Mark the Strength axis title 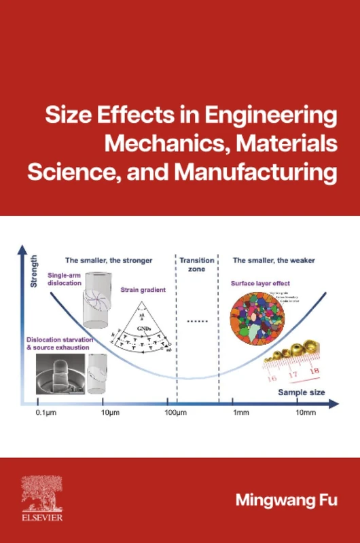point(33,271)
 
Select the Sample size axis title point(301,392)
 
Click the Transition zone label point(196,265)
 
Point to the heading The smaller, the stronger point(109,260)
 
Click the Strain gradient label point(143,290)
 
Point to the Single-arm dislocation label point(65,279)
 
